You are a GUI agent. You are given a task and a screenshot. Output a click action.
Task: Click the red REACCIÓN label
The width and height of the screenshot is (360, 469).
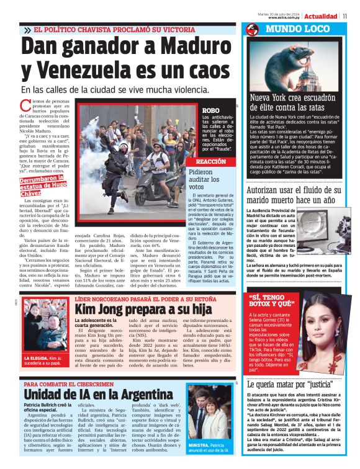(210, 161)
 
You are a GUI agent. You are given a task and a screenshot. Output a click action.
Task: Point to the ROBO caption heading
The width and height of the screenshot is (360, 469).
(210, 110)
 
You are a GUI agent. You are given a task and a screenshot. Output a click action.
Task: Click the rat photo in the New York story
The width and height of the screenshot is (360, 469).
(299, 65)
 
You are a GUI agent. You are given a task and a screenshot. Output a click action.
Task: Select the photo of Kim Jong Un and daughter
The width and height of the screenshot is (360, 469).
(44, 331)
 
